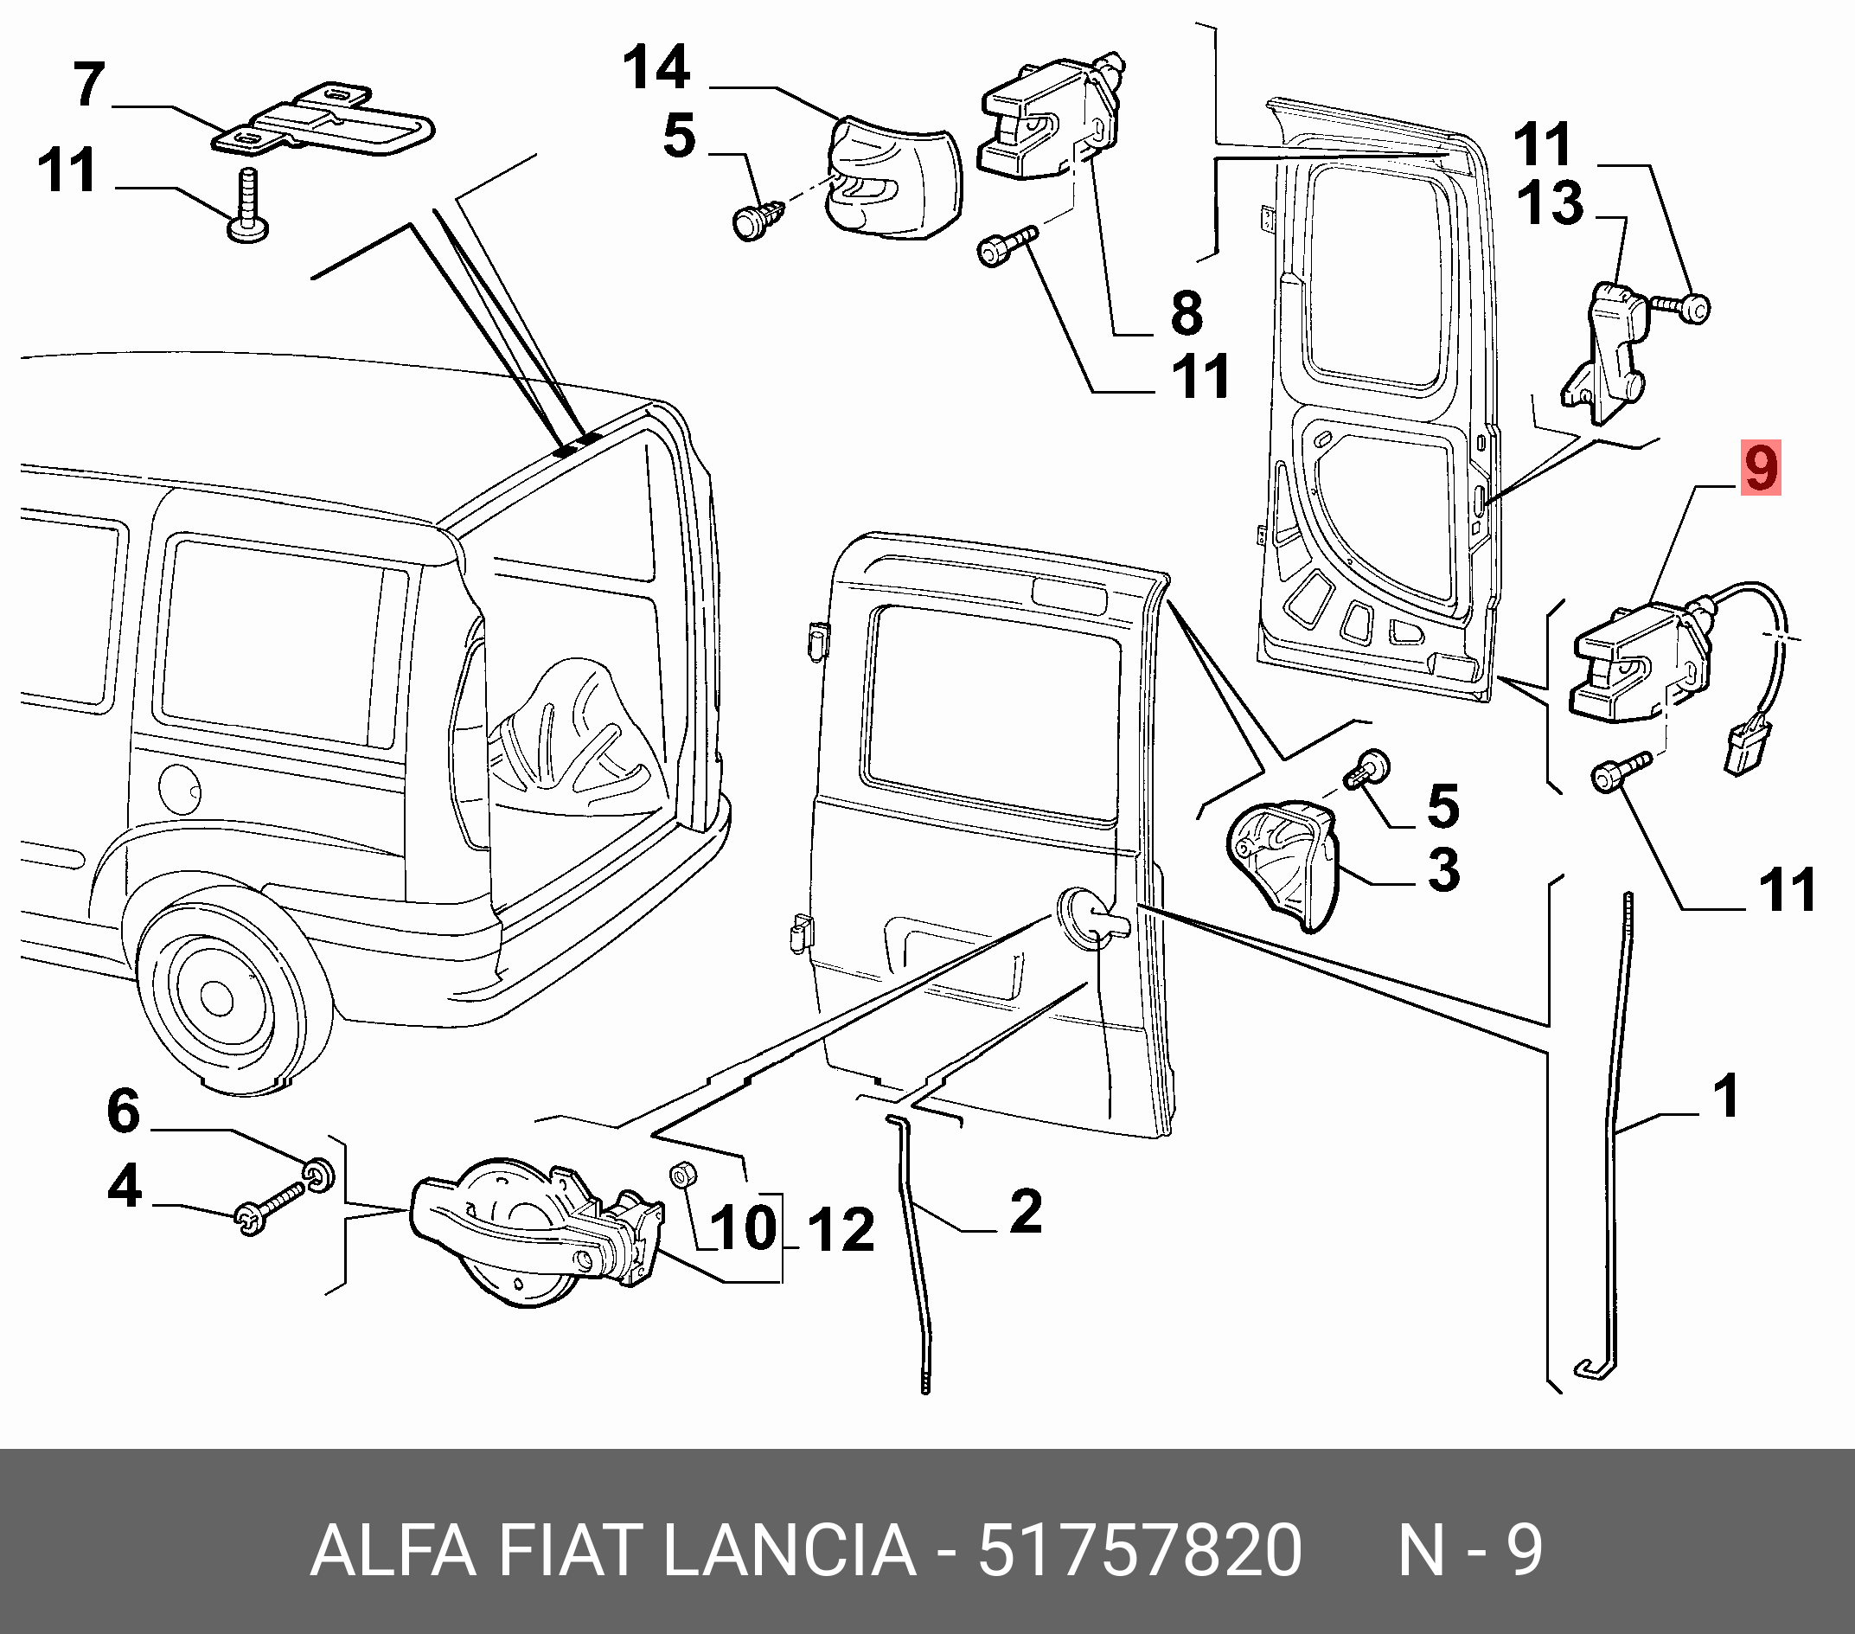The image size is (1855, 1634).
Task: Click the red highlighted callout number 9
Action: [x=1760, y=469]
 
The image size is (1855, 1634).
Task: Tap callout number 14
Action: [x=656, y=69]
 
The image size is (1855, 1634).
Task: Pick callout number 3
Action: [x=1443, y=868]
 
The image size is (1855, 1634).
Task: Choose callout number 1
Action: [x=1726, y=1095]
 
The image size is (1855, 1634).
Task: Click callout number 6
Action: [x=124, y=1112]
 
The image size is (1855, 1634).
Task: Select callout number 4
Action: [x=125, y=1187]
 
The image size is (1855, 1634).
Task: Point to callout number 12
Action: [x=841, y=1231]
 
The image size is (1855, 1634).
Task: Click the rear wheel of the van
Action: [x=218, y=996]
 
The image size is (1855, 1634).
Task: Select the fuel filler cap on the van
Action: [x=178, y=790]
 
